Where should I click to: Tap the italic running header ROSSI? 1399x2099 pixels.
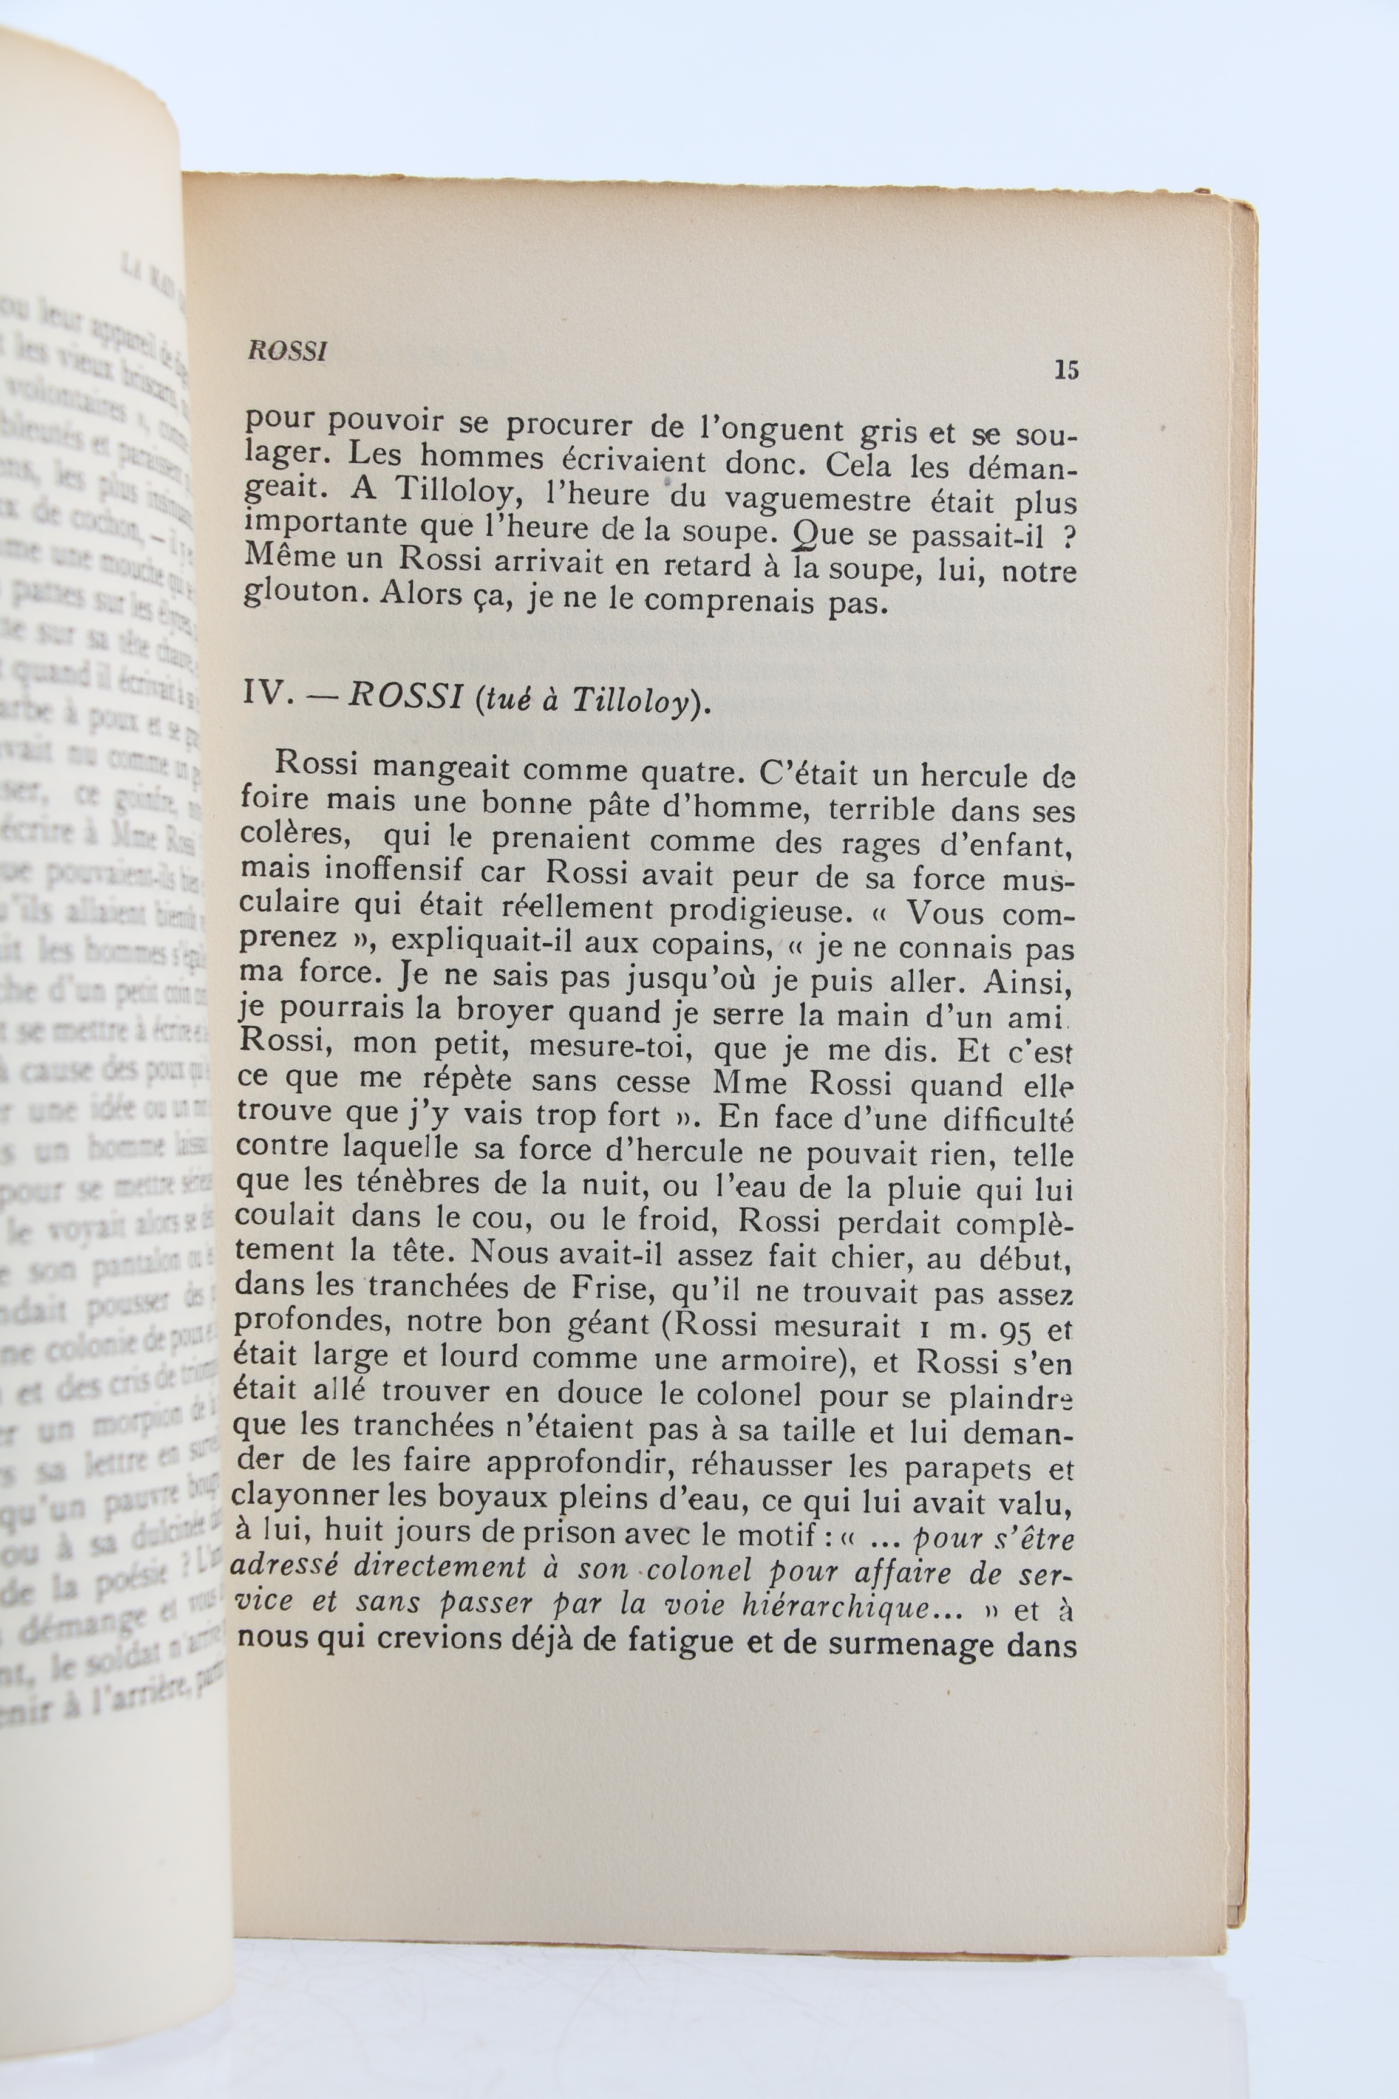point(287,350)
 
